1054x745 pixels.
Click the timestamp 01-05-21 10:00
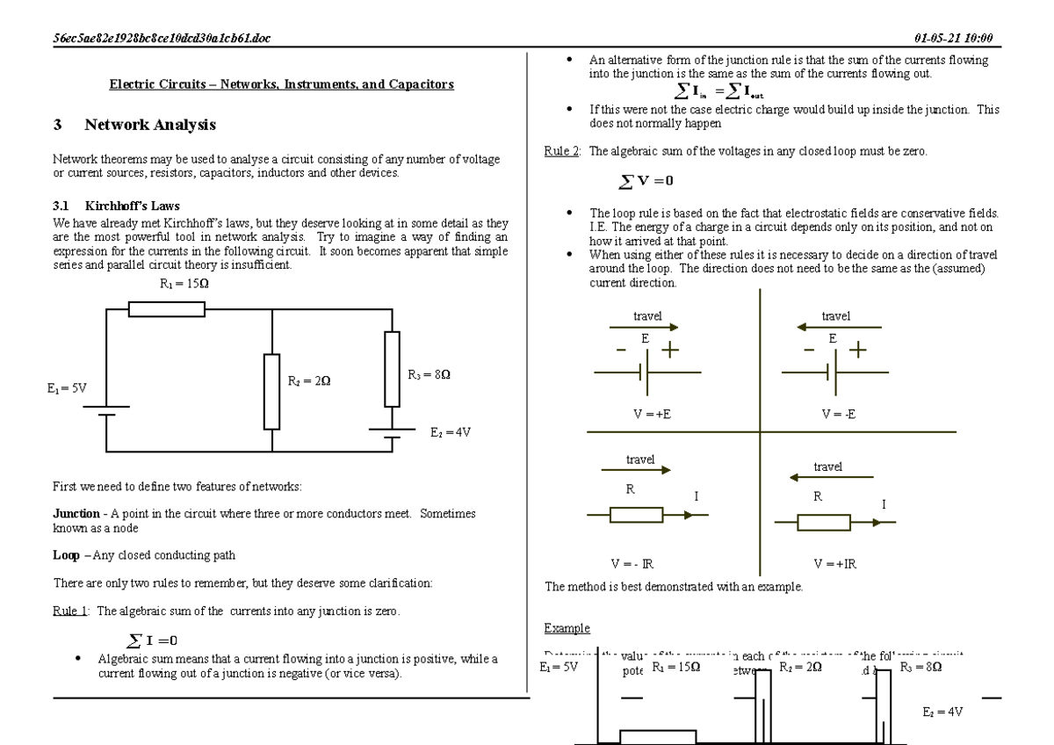click(953, 40)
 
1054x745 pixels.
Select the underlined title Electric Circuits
click(281, 85)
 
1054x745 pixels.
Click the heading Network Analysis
click(149, 126)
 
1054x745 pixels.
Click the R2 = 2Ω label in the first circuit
click(309, 381)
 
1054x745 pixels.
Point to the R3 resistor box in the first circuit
click(392, 368)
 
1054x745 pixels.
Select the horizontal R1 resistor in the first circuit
click(167, 308)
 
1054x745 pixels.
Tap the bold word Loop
click(67, 555)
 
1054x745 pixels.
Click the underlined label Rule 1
click(71, 611)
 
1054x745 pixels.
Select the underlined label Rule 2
click(562, 152)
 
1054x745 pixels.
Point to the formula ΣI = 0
click(151, 640)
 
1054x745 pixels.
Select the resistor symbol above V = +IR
click(824, 524)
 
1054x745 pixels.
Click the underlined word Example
click(567, 628)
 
